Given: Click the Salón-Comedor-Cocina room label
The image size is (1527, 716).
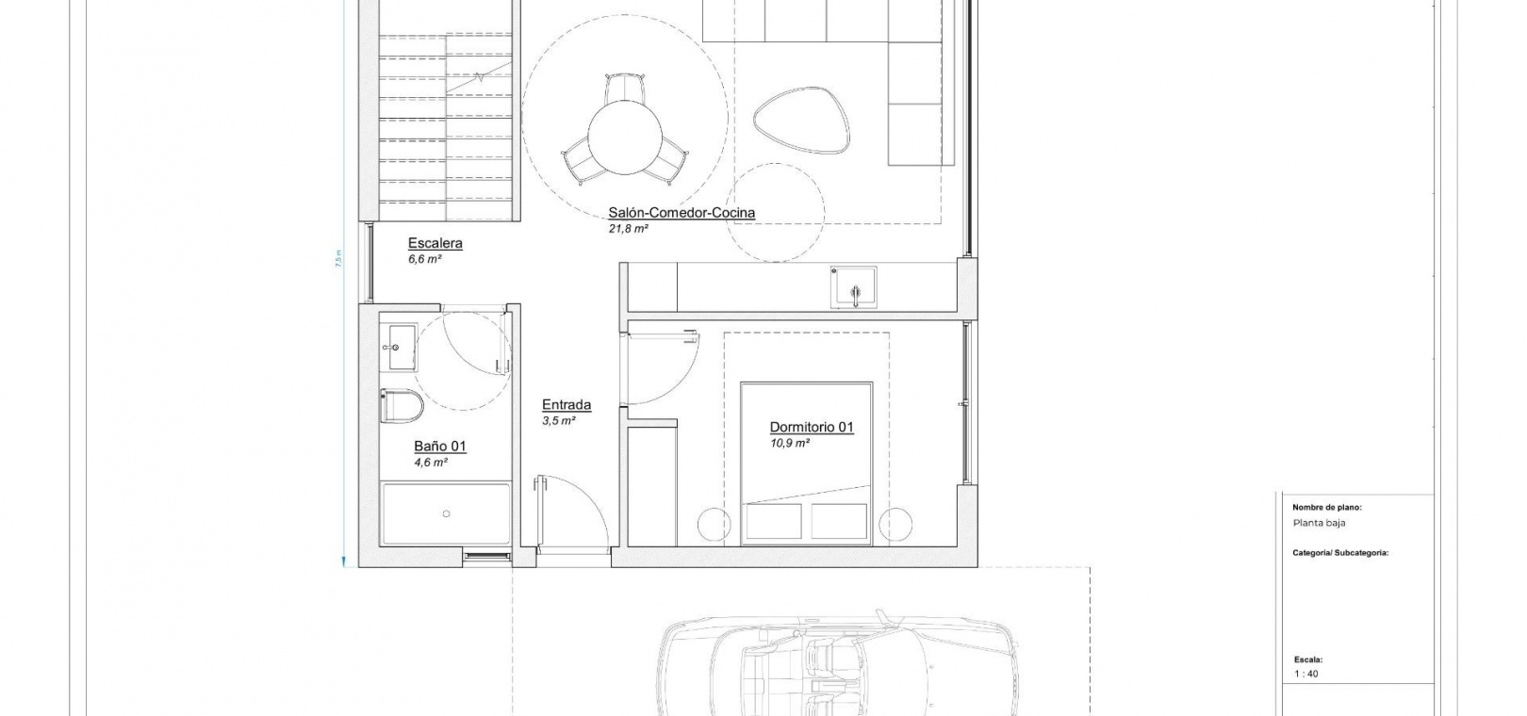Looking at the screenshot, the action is [x=681, y=213].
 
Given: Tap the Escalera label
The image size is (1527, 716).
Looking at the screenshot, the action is [x=435, y=243].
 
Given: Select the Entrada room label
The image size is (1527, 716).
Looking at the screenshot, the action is [x=566, y=405].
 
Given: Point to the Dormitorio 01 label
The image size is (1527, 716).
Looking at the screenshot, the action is [x=812, y=427].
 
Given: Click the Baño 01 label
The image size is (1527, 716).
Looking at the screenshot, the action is [x=439, y=447].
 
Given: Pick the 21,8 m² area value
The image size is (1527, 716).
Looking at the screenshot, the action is [x=628, y=229].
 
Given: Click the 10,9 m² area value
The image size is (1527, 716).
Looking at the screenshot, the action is [x=789, y=444].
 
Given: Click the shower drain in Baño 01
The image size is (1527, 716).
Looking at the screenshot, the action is [x=447, y=513].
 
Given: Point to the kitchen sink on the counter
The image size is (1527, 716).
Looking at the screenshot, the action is [x=853, y=286].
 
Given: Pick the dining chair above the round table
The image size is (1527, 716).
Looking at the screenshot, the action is [x=624, y=89].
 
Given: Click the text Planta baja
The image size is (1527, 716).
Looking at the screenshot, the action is [x=1319, y=523].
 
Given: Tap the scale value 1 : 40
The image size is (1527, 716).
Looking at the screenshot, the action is [x=1306, y=674].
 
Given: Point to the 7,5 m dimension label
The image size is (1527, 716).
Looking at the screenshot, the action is [x=338, y=259].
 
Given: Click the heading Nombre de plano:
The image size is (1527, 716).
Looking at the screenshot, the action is [x=1326, y=508].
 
